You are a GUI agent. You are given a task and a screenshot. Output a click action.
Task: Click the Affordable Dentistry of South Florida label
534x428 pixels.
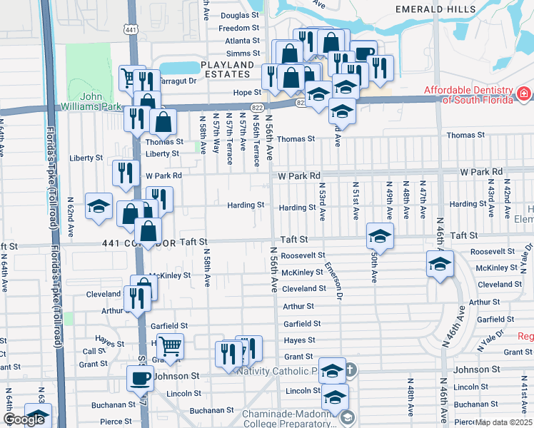[x=468, y=95]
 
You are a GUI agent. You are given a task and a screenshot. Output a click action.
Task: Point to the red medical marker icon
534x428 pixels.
[x=524, y=93]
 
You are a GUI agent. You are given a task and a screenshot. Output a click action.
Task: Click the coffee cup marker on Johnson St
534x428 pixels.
[x=140, y=378]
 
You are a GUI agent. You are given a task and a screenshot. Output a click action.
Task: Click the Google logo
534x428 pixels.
[x=24, y=419]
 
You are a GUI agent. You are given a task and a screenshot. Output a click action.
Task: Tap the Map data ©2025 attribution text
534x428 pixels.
[x=503, y=422]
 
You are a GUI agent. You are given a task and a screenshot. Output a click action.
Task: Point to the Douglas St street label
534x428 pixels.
[x=240, y=15]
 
